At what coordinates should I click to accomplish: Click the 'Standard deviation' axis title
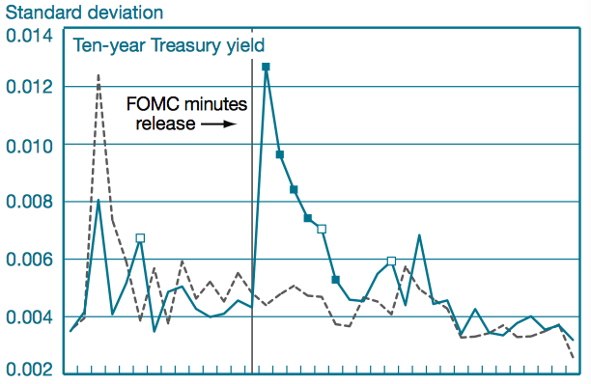pyautogui.click(x=83, y=13)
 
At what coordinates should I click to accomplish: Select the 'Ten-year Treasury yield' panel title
pyautogui.click(x=168, y=44)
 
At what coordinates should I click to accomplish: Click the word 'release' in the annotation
pyautogui.click(x=161, y=123)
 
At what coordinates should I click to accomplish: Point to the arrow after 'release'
pyautogui.click(x=219, y=124)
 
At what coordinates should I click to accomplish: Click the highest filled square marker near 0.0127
pyautogui.click(x=266, y=67)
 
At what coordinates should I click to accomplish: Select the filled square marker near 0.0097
pyautogui.click(x=279, y=154)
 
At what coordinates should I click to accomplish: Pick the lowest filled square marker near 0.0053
pyautogui.click(x=335, y=280)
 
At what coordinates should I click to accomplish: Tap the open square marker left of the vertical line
pyautogui.click(x=140, y=237)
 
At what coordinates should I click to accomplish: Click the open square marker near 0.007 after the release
pyautogui.click(x=322, y=229)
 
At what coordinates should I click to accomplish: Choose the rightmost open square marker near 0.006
pyautogui.click(x=391, y=261)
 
